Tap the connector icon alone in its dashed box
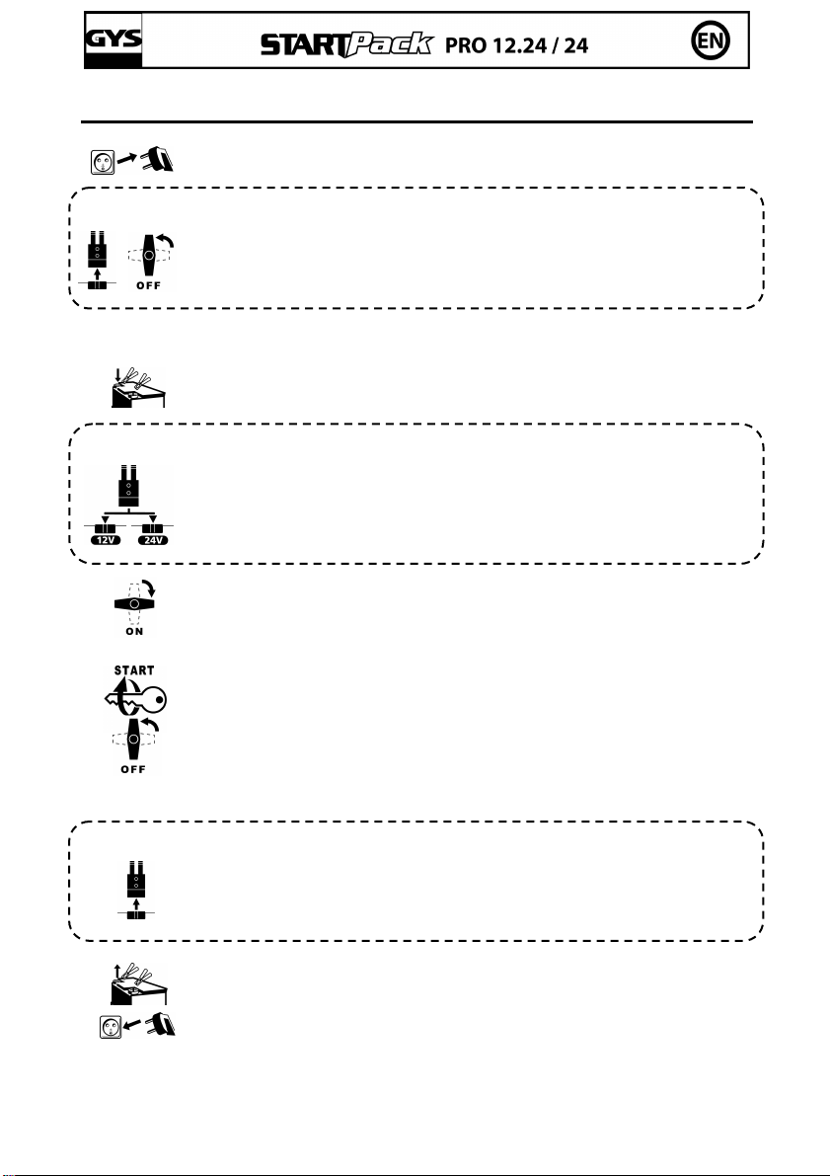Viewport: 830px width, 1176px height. coord(134,885)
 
